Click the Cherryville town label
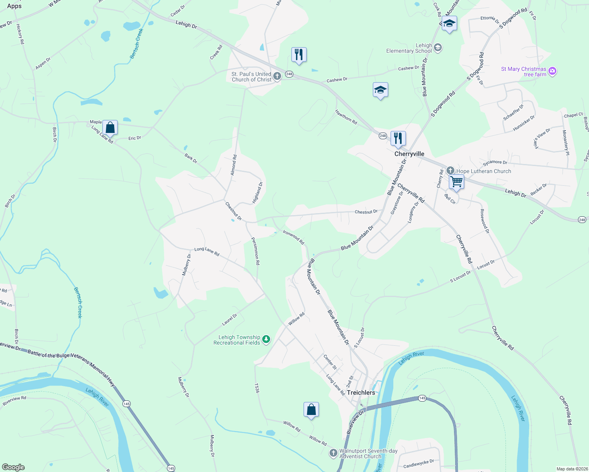pos(409,154)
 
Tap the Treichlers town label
pos(361,393)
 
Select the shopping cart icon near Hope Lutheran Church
pos(456,182)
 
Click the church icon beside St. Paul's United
pos(277,76)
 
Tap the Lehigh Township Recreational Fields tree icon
pos(267,339)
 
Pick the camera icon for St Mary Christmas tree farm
pos(552,71)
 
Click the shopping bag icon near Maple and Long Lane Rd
pos(110,127)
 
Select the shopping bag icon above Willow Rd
pos(311,409)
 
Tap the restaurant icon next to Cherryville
pos(398,138)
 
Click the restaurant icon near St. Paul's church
pos(299,55)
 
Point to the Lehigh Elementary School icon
pos(438,48)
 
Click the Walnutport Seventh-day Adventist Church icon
pos(333,453)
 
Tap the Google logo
pos(13,467)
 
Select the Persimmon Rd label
pos(256,251)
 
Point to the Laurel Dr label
pos(230,319)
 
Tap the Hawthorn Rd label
pos(346,117)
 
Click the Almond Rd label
pos(233,165)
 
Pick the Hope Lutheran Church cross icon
pos(450,171)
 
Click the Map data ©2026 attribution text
pos(572,469)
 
